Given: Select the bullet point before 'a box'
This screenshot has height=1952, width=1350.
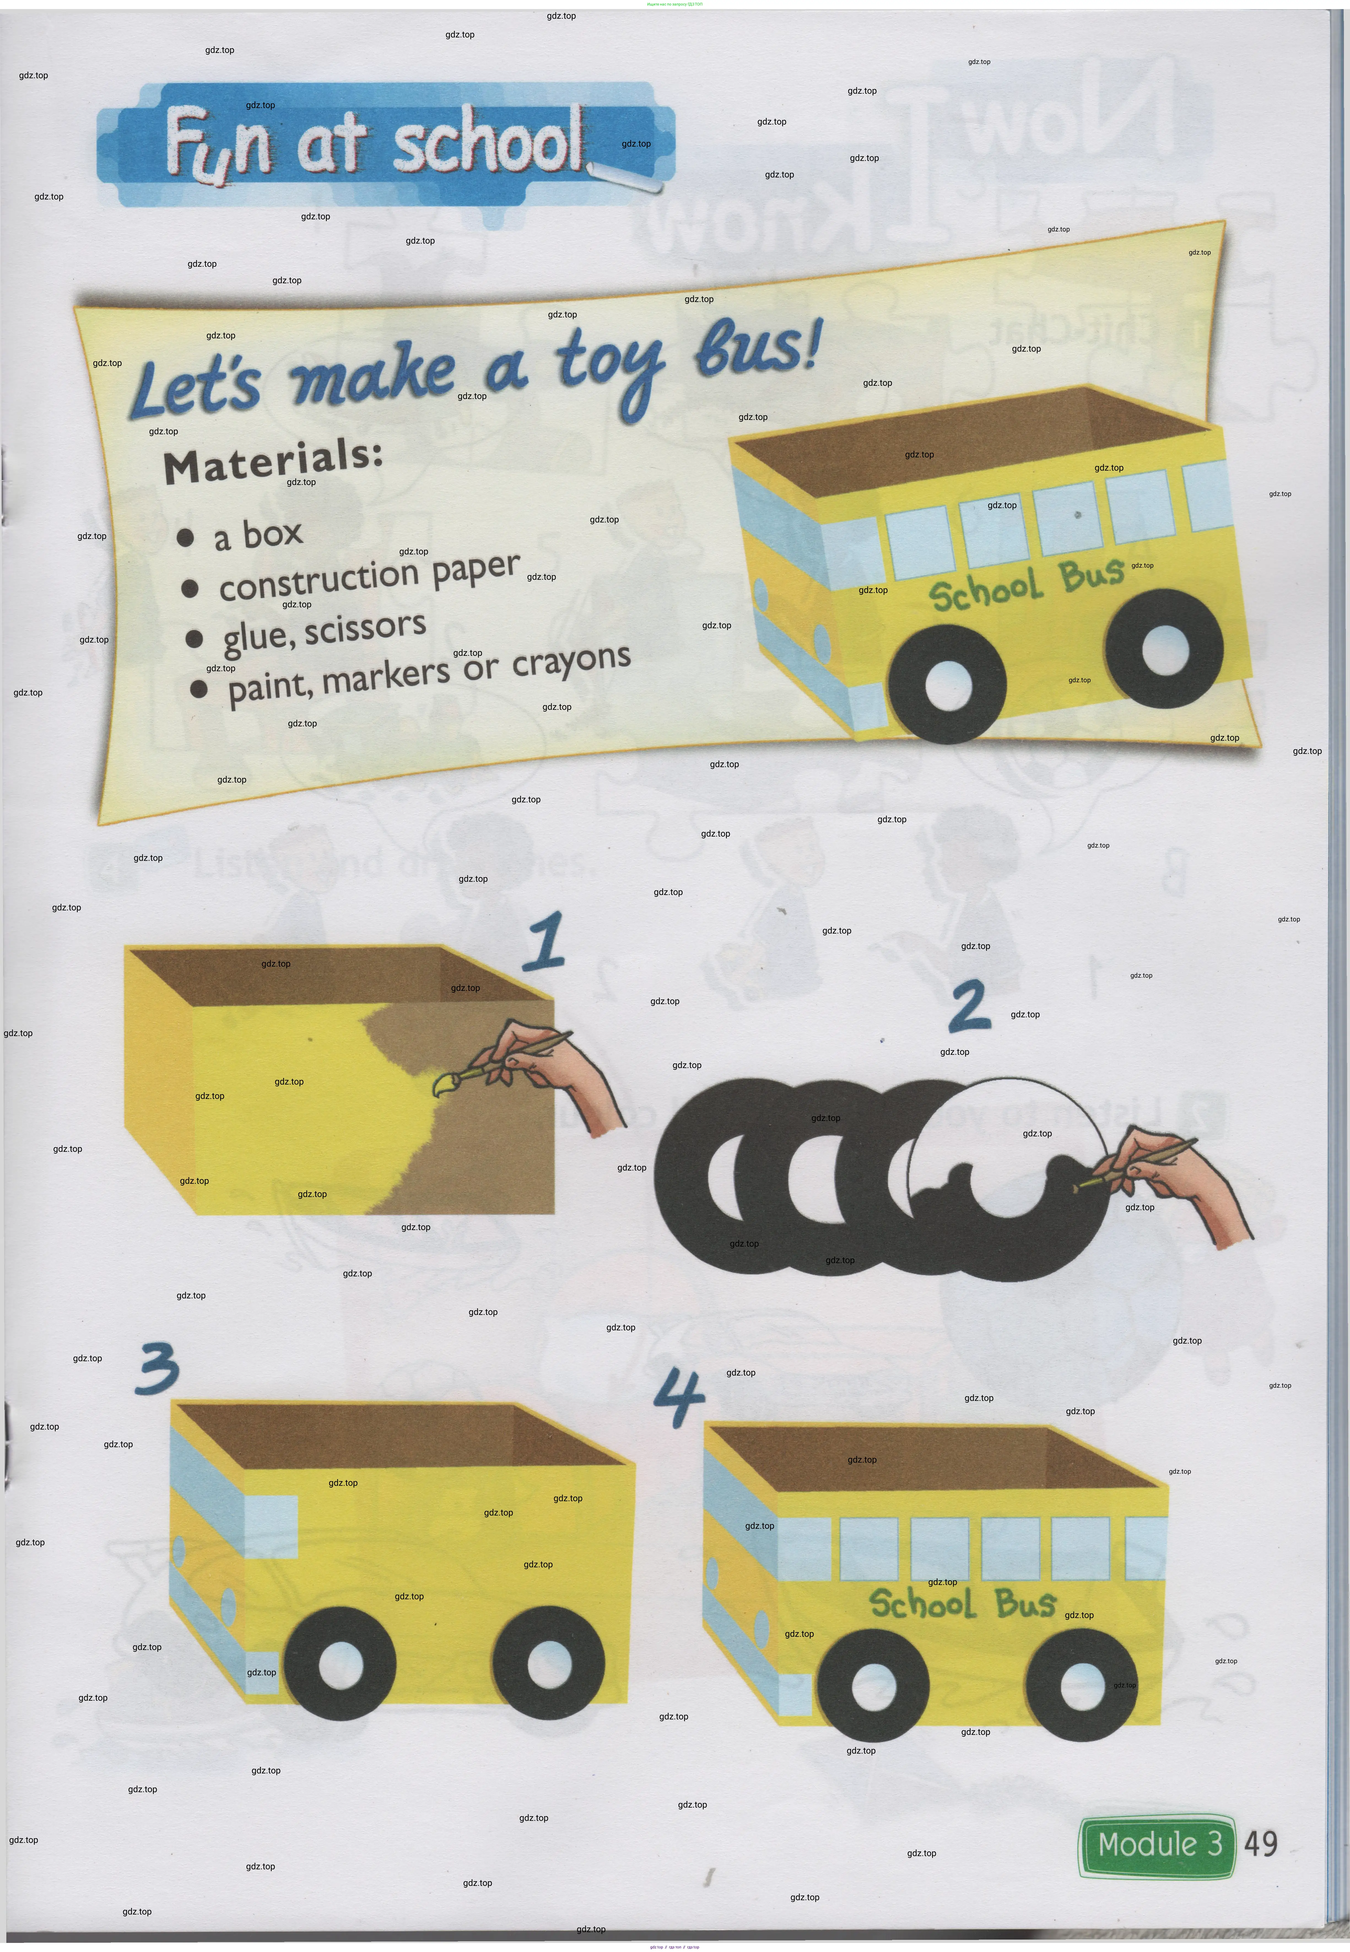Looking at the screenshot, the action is [x=186, y=537].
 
